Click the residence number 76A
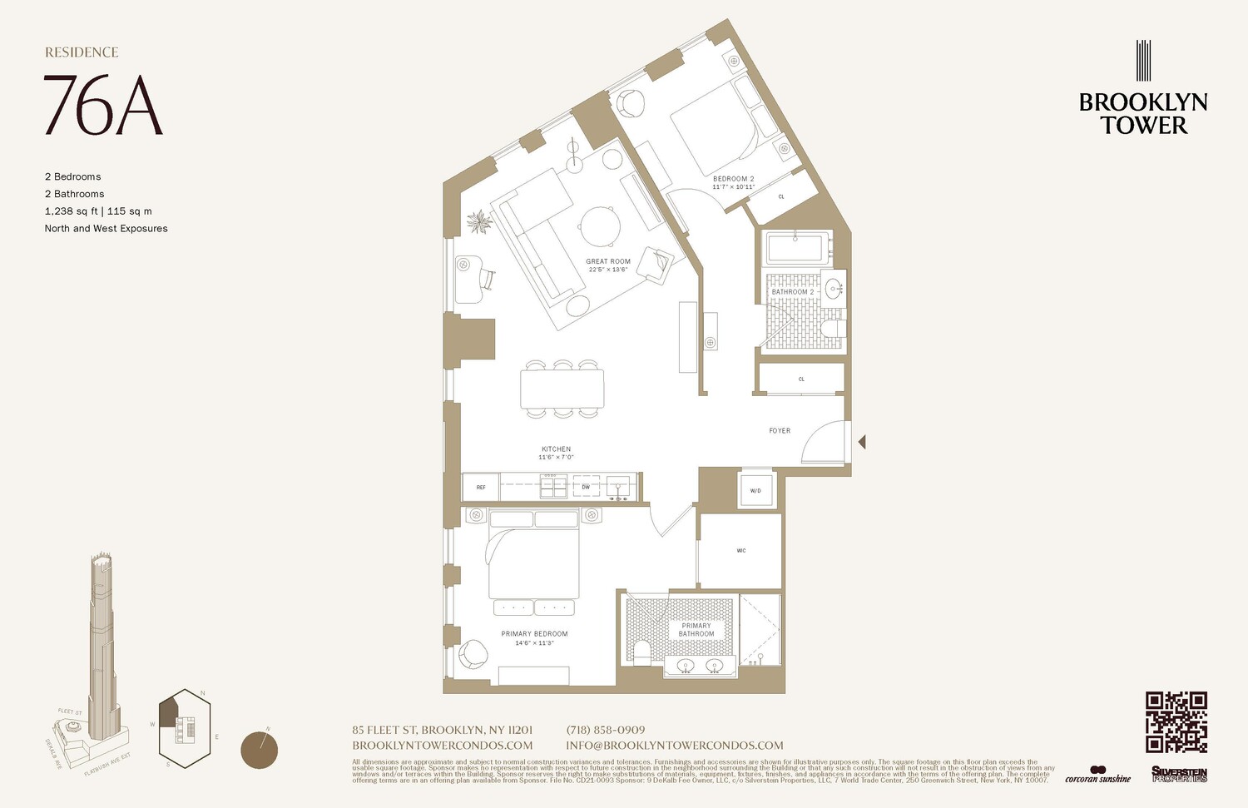[103, 106]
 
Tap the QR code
[1176, 721]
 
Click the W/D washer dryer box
[755, 491]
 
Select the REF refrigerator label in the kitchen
[481, 487]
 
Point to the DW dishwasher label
[586, 487]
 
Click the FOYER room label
[780, 430]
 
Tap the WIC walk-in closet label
[740, 551]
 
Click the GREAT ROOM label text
[608, 261]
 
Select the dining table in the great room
[562, 389]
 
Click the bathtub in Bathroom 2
[798, 248]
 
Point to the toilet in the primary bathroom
[641, 651]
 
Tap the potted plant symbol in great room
[479, 222]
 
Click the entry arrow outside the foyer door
[862, 442]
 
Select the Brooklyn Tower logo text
[1143, 114]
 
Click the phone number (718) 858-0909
[606, 730]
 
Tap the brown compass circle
[259, 750]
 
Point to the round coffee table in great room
[600, 226]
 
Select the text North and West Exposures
[106, 228]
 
